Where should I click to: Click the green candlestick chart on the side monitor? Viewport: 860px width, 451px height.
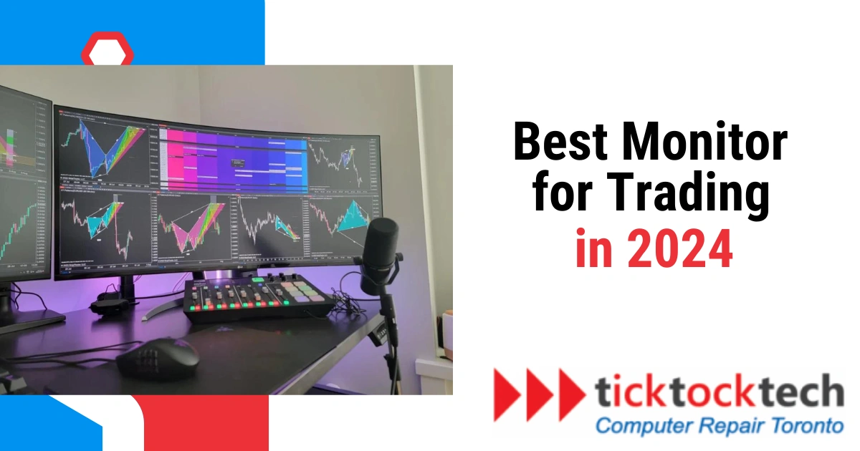pos(21,229)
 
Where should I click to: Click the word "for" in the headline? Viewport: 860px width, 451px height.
pos(559,195)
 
